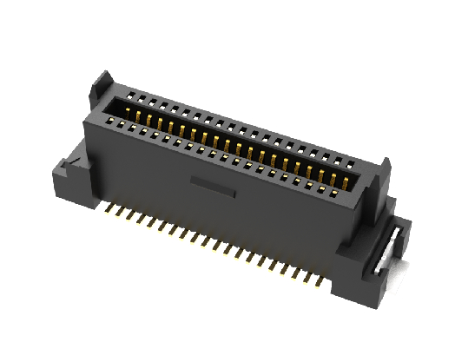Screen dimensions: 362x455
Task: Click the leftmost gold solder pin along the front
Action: click(107, 207)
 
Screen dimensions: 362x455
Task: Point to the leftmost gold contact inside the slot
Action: click(137, 112)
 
